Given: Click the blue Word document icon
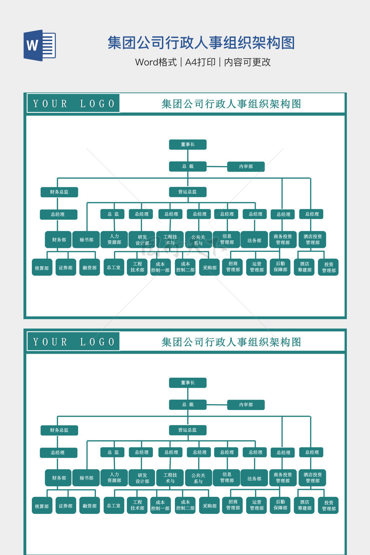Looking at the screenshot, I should [x=40, y=45].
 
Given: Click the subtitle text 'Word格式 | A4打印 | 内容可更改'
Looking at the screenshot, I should [x=203, y=62].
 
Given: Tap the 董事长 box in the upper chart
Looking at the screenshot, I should [x=188, y=145].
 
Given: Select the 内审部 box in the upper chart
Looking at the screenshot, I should [x=246, y=167].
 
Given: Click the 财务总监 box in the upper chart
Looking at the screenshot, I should [x=59, y=192].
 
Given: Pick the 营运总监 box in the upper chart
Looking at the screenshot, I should [x=188, y=192].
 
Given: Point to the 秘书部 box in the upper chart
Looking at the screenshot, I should [x=86, y=240].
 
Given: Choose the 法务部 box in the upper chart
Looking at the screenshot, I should [x=254, y=240].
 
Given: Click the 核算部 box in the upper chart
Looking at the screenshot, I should [x=42, y=268].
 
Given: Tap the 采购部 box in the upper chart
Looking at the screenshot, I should [x=210, y=268].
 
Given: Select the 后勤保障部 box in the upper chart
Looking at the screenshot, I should [x=280, y=267].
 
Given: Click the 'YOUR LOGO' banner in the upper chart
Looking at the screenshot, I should [x=73, y=104].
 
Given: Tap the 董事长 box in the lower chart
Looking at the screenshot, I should [x=188, y=383].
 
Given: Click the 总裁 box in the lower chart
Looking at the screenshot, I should [x=188, y=405].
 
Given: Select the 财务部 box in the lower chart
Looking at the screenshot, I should [x=59, y=478].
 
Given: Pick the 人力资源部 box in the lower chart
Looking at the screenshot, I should [x=114, y=477].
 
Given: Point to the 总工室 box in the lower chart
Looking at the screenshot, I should [x=114, y=505].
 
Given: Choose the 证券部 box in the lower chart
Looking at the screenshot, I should [x=66, y=506].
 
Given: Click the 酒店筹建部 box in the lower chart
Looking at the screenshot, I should [x=305, y=505].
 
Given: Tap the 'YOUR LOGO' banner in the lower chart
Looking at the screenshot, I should [x=73, y=342].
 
